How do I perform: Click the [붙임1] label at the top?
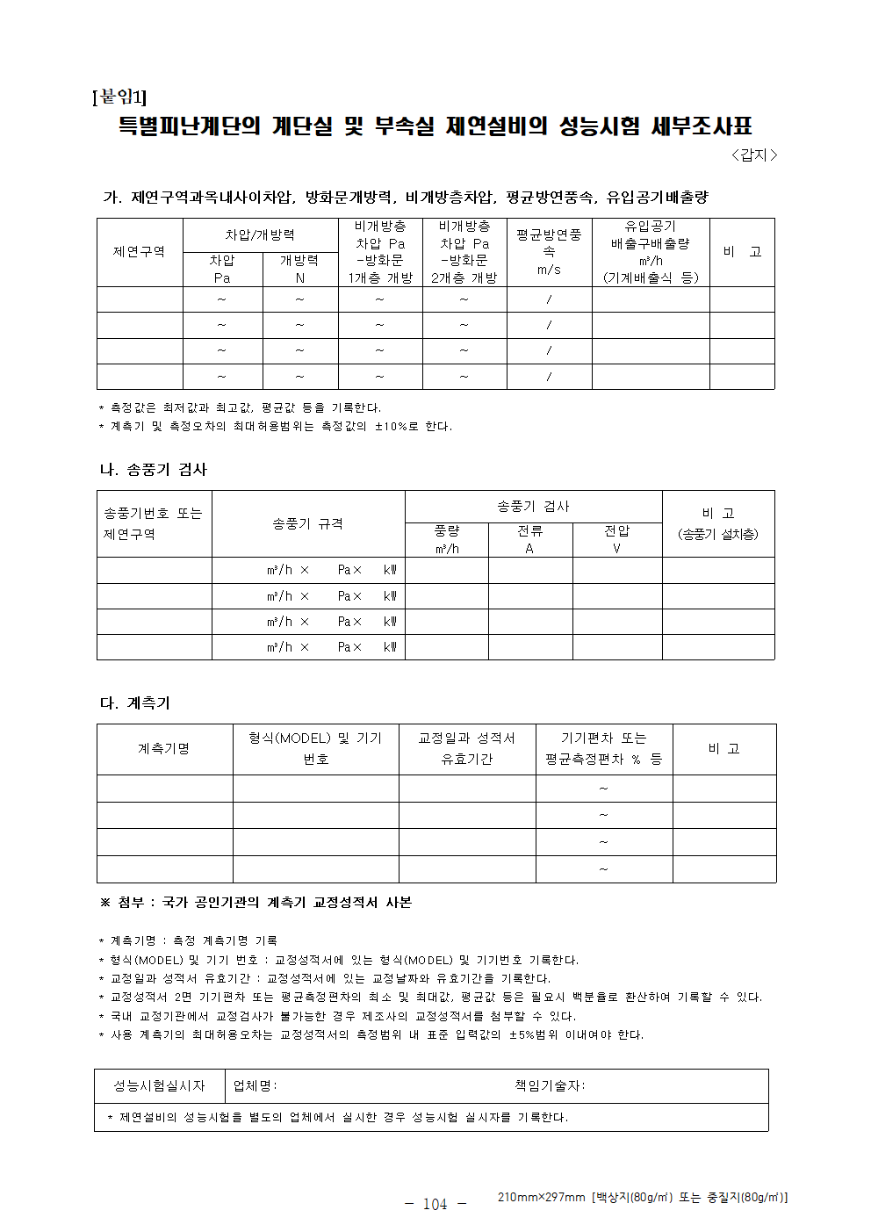[119, 97]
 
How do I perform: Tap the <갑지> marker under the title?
[753, 155]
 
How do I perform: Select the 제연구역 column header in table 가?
[139, 252]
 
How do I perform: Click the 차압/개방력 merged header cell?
[260, 235]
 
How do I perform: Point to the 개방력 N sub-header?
[299, 269]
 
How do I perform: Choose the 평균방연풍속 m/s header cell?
[549, 252]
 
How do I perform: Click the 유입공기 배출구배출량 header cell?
[650, 252]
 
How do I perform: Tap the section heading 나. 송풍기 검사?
[154, 470]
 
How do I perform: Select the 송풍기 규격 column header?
[307, 523]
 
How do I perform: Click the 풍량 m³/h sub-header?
[446, 539]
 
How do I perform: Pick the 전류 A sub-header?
[529, 539]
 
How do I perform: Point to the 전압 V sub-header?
[616, 539]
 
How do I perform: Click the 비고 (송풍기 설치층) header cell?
[717, 523]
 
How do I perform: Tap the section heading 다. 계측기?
[135, 703]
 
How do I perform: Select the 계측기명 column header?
[164, 749]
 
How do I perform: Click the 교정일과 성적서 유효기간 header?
[466, 749]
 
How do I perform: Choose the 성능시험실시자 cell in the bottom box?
[159, 1086]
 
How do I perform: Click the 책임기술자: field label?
[550, 1086]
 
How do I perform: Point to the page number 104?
[435, 1205]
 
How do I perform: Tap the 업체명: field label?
[255, 1086]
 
